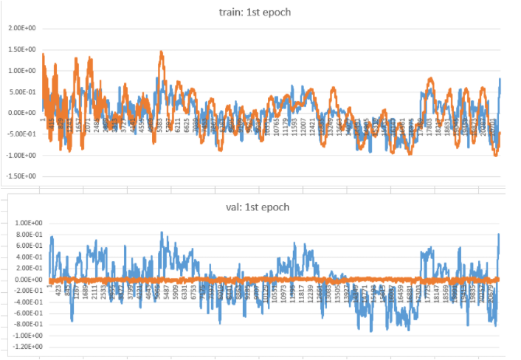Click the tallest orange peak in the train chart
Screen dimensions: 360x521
[162, 53]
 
